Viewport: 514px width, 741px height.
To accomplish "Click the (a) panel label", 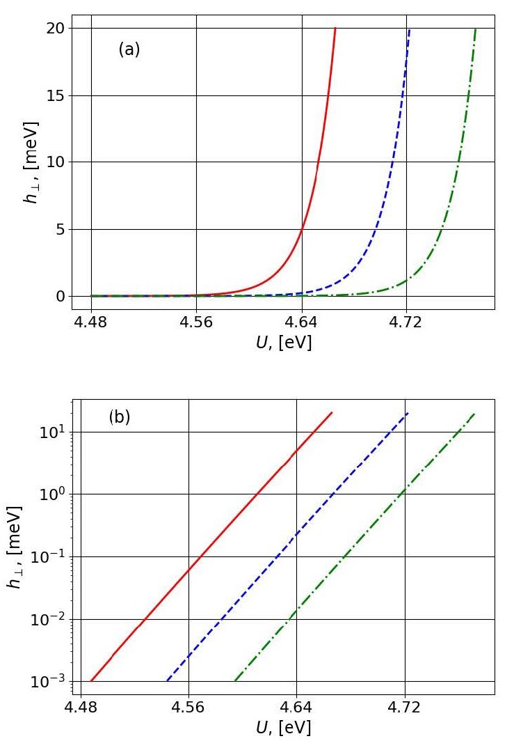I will coord(129,49).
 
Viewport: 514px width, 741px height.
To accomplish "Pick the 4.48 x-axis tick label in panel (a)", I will coord(91,324).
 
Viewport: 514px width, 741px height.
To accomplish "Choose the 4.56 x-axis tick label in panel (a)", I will coord(196,324).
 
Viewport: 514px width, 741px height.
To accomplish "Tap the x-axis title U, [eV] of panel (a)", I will coord(283,342).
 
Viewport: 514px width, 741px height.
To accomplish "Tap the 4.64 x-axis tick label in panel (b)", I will coord(296,709).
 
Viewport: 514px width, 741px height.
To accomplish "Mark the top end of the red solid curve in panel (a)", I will coord(335,29).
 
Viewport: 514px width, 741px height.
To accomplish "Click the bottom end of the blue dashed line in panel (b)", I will coord(167,680).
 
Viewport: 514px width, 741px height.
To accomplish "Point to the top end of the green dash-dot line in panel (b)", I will coord(474,414).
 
